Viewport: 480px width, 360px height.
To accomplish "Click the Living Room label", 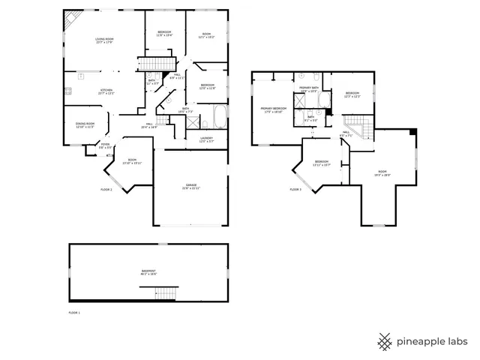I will [103, 40].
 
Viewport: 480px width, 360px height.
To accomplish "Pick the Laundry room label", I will [207, 139].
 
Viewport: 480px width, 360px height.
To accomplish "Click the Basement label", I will [148, 272].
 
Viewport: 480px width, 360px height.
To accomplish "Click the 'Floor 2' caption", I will [106, 190].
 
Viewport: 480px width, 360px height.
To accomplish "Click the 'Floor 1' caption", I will [73, 311].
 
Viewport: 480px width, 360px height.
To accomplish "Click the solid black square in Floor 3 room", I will [412, 133].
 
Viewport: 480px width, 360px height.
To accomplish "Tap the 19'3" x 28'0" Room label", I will [382, 173].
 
